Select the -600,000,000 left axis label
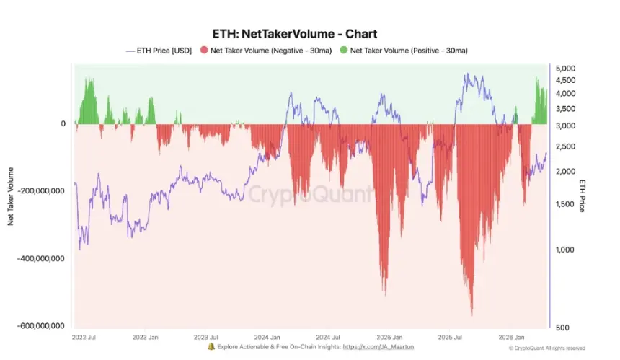(39, 326)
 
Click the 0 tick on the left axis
(63, 124)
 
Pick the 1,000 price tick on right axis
(567, 250)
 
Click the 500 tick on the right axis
(564, 328)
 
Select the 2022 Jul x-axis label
(85, 338)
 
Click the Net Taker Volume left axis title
(11, 195)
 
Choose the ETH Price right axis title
(582, 195)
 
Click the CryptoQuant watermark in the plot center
(311, 193)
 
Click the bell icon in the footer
(211, 347)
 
